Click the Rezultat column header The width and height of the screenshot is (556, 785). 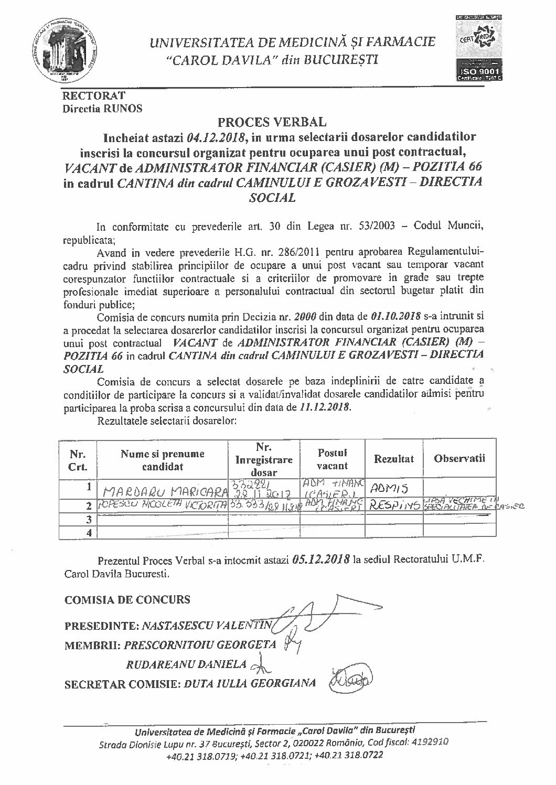pyautogui.click(x=393, y=459)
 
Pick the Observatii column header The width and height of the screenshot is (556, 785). pyautogui.click(x=459, y=458)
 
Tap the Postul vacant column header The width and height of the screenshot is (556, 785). pyautogui.click(x=333, y=459)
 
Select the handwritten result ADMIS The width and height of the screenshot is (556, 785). pyautogui.click(x=388, y=489)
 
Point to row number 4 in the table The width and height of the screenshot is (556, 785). pyautogui.click(x=90, y=532)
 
